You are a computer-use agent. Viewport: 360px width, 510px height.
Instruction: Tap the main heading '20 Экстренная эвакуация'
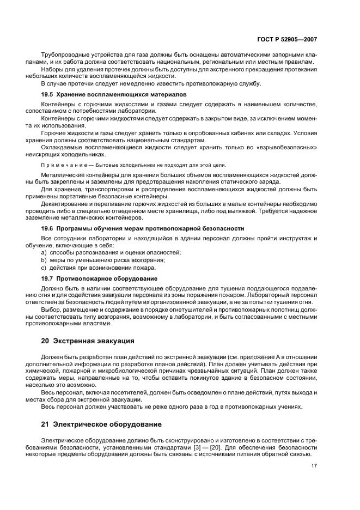point(88,342)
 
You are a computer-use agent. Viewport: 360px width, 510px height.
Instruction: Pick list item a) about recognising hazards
point(111,253)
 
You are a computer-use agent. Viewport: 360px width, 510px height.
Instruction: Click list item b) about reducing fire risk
point(103,260)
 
